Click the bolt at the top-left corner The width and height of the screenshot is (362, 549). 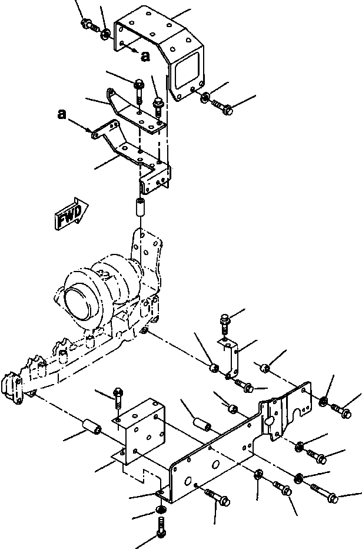(x=88, y=25)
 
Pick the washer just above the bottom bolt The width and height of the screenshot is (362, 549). (x=160, y=510)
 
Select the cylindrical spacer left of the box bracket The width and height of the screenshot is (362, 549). (x=91, y=426)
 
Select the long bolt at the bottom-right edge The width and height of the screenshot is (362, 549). (x=325, y=492)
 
